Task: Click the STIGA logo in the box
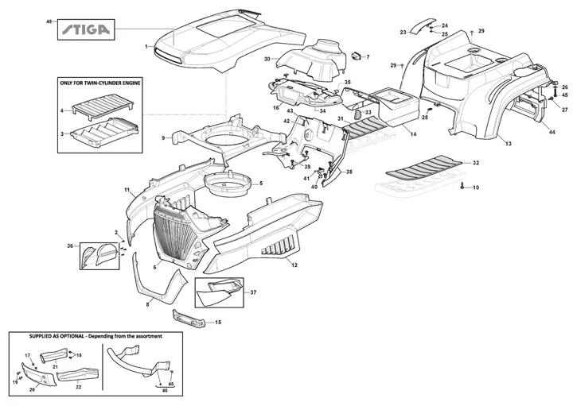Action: pyautogui.click(x=85, y=29)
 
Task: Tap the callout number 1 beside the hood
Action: pyautogui.click(x=146, y=46)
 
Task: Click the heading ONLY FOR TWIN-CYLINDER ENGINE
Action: pyautogui.click(x=100, y=83)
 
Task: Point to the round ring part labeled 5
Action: pyautogui.click(x=228, y=183)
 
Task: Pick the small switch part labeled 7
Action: pyautogui.click(x=356, y=56)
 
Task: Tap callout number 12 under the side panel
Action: pyautogui.click(x=294, y=265)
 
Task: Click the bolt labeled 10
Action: pyautogui.click(x=462, y=186)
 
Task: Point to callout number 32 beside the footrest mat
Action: pyautogui.click(x=476, y=163)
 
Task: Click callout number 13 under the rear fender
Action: pyautogui.click(x=509, y=144)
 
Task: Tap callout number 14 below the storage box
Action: pyautogui.click(x=413, y=134)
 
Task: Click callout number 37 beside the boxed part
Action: pyautogui.click(x=253, y=292)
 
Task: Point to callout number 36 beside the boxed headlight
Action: pyautogui.click(x=70, y=246)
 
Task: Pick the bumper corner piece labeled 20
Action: pyautogui.click(x=39, y=373)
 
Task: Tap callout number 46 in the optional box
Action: pyautogui.click(x=165, y=390)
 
